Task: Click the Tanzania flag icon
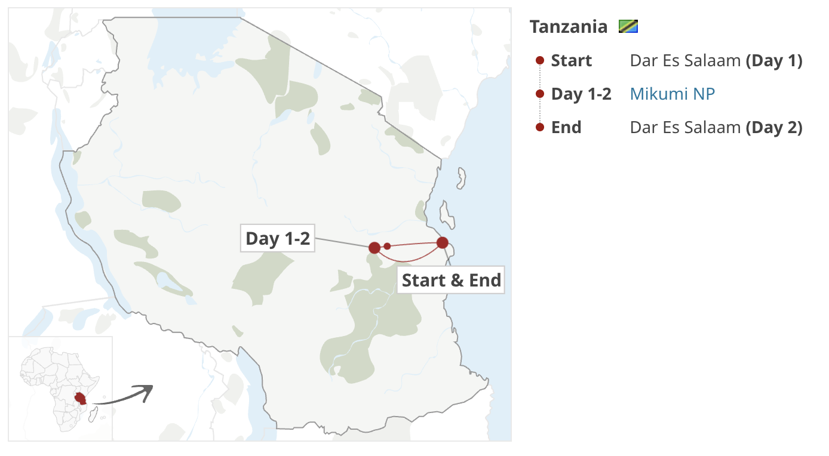coord(628,27)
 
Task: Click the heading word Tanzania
coord(568,27)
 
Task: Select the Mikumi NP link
coord(672,94)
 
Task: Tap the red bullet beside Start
coord(540,60)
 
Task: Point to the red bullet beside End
coord(540,127)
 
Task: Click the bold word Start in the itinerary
coord(571,61)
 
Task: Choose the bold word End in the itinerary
coord(566,128)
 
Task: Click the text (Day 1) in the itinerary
coord(774,61)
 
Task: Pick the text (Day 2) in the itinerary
coord(774,128)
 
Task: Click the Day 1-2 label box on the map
coord(278,239)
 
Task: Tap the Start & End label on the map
coord(451,280)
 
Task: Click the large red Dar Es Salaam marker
coord(443,243)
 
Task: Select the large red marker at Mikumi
coord(374,248)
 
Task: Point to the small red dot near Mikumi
coord(387,246)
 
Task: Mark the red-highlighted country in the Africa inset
coord(80,398)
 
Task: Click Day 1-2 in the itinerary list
coord(581,94)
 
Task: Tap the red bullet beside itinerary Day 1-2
coord(540,94)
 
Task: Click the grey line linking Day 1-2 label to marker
coord(340,243)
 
